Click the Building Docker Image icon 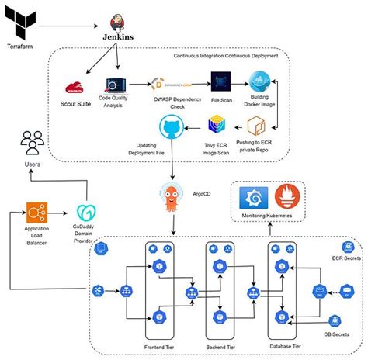point(259,85)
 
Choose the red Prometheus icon point(290,199)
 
